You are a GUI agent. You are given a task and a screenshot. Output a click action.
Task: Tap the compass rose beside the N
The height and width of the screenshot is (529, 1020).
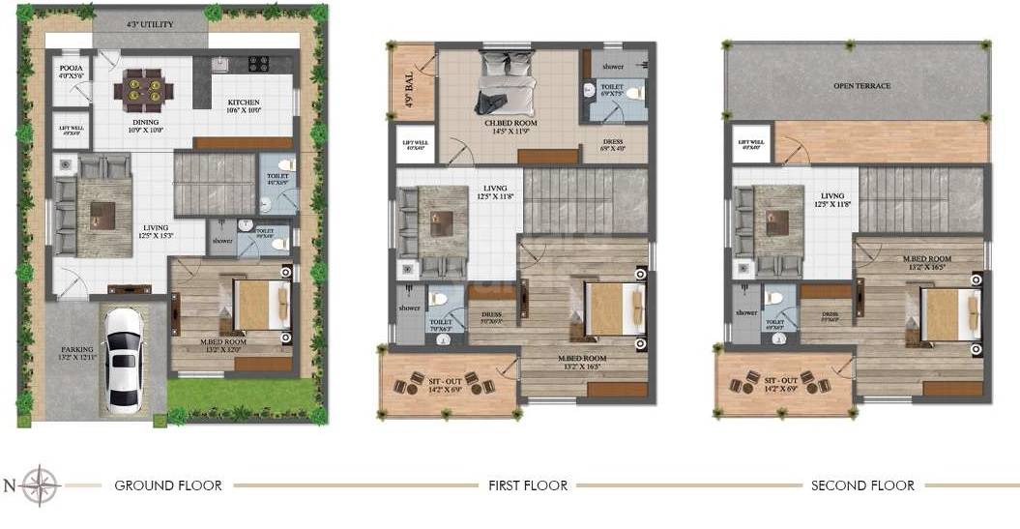click(x=42, y=485)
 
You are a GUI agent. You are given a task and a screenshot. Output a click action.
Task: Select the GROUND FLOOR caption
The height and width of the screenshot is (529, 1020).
click(x=168, y=485)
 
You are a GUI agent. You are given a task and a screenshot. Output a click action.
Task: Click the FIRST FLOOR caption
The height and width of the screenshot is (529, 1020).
click(x=528, y=485)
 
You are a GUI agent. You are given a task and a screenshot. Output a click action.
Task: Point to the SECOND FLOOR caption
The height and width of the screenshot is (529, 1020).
click(x=862, y=485)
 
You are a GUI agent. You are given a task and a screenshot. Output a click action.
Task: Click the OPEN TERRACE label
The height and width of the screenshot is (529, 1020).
click(x=861, y=86)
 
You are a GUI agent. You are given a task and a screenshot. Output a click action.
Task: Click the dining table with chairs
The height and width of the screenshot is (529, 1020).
click(x=144, y=92)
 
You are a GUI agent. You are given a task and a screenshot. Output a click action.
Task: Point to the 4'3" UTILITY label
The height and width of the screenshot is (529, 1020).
click(x=150, y=22)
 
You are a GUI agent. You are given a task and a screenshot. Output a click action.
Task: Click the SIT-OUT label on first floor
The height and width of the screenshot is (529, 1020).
click(x=446, y=384)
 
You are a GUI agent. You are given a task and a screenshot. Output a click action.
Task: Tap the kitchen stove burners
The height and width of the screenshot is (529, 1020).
click(x=258, y=65)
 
